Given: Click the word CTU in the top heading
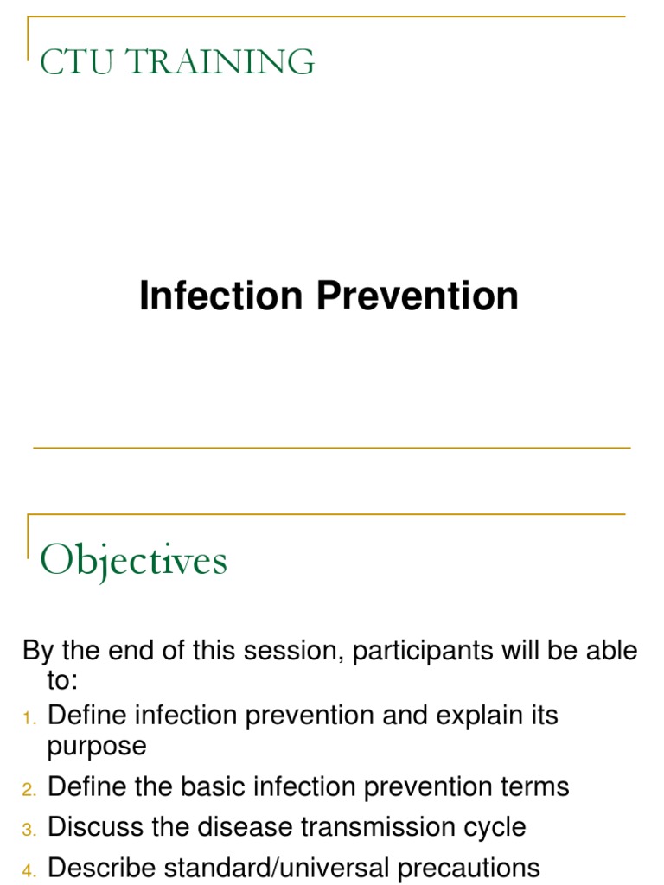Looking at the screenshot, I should tap(73, 62).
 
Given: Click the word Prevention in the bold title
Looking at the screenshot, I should tap(417, 296).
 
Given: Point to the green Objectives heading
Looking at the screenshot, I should tap(134, 562).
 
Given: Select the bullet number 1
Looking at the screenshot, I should tap(29, 717).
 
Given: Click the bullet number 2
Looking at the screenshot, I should tap(29, 789).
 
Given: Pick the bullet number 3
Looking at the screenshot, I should tap(29, 829).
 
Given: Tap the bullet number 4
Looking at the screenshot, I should tap(29, 869).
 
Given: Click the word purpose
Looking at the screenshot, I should tap(97, 747).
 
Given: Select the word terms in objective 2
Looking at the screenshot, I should tap(534, 787).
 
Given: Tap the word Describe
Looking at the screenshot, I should tap(103, 867).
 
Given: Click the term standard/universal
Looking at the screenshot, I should tap(279, 867).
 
